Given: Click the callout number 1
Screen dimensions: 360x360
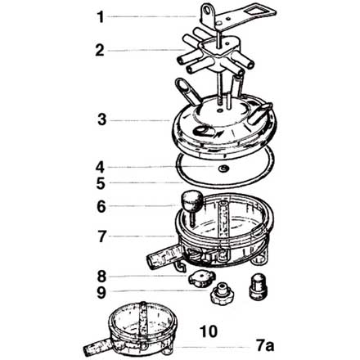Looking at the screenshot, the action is point(101,17).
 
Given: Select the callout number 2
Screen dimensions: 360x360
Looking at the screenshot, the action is point(100,51).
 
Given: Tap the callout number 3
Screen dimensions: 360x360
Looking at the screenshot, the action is point(101,119).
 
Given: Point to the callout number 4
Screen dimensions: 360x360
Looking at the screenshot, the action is point(100,167).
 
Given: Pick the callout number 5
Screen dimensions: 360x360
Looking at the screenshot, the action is point(101,183).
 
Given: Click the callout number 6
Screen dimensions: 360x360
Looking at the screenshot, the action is point(101,207).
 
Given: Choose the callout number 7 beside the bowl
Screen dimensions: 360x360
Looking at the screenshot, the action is point(101,236).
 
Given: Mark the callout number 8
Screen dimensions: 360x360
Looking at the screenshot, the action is point(101,277).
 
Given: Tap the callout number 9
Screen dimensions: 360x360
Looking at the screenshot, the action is point(101,293).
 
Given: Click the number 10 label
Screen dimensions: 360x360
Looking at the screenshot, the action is point(209,331).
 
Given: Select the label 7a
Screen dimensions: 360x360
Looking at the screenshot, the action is point(265,346).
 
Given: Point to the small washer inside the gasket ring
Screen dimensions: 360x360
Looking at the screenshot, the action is point(223,169).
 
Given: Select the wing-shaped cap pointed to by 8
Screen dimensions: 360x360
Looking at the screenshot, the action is point(201,279).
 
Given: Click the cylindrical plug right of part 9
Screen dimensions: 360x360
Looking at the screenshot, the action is point(258,288).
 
